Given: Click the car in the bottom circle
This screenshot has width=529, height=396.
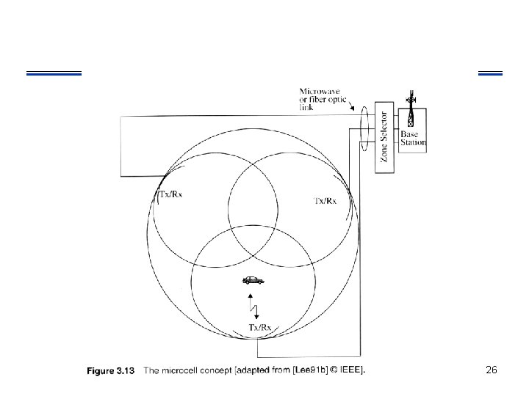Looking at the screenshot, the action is [x=252, y=280].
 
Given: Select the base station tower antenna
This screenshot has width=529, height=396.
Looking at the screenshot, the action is [x=411, y=111].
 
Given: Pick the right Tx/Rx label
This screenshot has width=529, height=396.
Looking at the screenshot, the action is [x=325, y=200].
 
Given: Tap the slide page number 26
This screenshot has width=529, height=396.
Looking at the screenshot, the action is [x=492, y=370].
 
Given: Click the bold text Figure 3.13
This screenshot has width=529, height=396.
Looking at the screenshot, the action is [x=110, y=371].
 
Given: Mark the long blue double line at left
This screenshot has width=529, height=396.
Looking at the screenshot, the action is [x=53, y=73].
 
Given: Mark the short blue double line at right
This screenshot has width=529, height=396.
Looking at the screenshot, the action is [x=490, y=73].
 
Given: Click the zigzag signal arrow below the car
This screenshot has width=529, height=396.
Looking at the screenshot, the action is [x=253, y=304].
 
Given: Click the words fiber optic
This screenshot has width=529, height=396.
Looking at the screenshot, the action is [x=320, y=100].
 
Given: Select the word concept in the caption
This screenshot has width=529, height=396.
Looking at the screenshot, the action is [x=220, y=371].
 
